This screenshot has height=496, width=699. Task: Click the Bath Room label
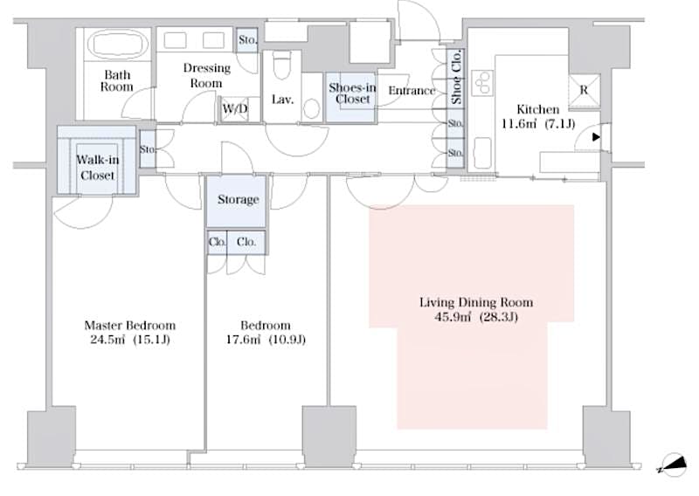pyautogui.click(x=116, y=80)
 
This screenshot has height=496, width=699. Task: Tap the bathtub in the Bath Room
pyautogui.click(x=116, y=44)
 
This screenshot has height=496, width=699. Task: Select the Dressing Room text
pyautogui.click(x=207, y=75)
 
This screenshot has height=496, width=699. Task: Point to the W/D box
pyautogui.click(x=234, y=109)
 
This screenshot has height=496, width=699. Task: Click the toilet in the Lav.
pyautogui.click(x=281, y=67)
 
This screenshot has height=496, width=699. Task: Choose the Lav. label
pyautogui.click(x=281, y=100)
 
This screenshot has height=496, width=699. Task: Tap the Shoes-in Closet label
pyautogui.click(x=352, y=93)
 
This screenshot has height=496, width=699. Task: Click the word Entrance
pyautogui.click(x=412, y=91)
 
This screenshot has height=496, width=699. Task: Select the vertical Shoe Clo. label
pyautogui.click(x=456, y=79)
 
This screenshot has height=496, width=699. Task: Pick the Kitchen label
pyautogui.click(x=537, y=109)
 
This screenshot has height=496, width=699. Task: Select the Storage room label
pyautogui.click(x=238, y=200)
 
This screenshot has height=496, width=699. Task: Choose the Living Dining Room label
pyautogui.click(x=476, y=303)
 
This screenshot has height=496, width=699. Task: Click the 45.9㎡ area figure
pyautogui.click(x=453, y=318)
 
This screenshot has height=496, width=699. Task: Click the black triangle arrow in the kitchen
pyautogui.click(x=596, y=137)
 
